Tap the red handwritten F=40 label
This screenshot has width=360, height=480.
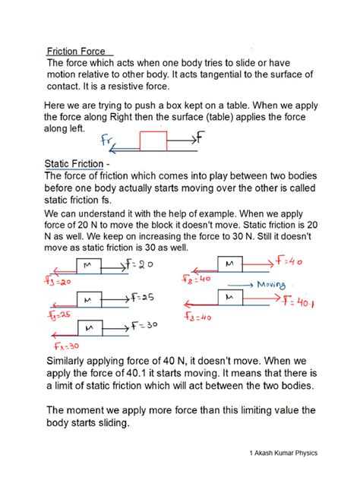pos(289,262)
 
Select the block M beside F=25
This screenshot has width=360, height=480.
pos(88,298)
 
